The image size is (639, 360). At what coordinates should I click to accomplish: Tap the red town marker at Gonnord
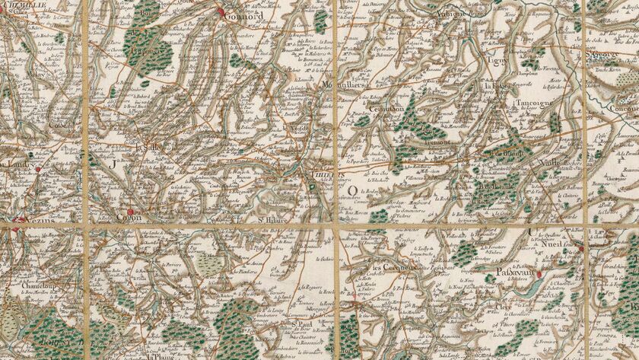point(222,13)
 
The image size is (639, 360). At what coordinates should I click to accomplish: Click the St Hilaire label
point(270,222)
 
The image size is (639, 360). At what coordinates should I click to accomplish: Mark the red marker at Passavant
point(539,274)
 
